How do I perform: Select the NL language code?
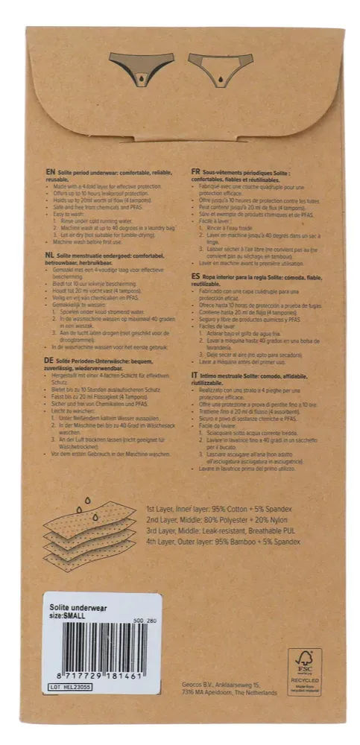point(51,255)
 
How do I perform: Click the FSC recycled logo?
point(304,670)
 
